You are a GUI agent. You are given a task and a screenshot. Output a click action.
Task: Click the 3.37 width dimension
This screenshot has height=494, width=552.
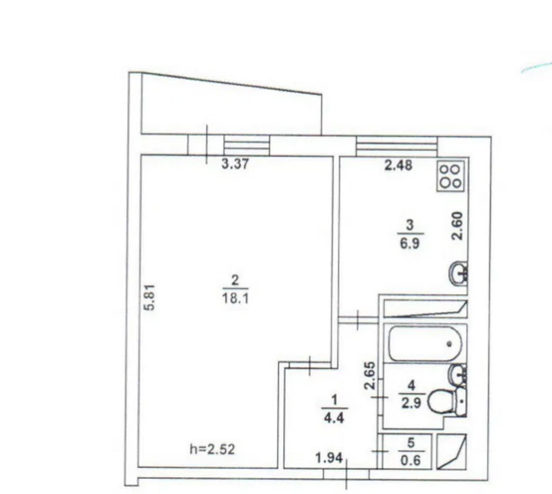point(235,164)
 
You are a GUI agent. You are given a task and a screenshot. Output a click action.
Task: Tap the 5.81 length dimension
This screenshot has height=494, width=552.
point(150,297)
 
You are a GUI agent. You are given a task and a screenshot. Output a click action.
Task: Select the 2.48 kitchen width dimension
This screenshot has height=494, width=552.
point(398,165)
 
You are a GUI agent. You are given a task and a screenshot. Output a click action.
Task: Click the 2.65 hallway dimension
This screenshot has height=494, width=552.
point(370,376)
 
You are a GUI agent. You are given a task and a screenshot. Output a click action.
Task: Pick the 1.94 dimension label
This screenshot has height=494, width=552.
point(329,458)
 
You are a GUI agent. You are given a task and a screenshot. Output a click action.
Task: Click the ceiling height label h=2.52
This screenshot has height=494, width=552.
point(213,449)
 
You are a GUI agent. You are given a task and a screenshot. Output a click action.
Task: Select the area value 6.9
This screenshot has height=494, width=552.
point(410,243)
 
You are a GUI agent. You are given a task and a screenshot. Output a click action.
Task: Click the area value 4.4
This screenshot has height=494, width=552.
point(334,418)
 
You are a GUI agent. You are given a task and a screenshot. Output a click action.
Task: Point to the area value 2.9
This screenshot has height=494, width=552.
point(411,403)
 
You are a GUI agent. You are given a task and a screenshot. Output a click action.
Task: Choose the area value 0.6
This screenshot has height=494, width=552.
point(411,460)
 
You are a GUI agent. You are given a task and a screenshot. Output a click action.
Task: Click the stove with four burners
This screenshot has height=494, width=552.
point(451,176)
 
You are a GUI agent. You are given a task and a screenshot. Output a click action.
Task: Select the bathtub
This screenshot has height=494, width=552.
point(425,344)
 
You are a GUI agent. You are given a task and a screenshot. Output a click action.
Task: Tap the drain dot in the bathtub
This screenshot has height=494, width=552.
point(449,344)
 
